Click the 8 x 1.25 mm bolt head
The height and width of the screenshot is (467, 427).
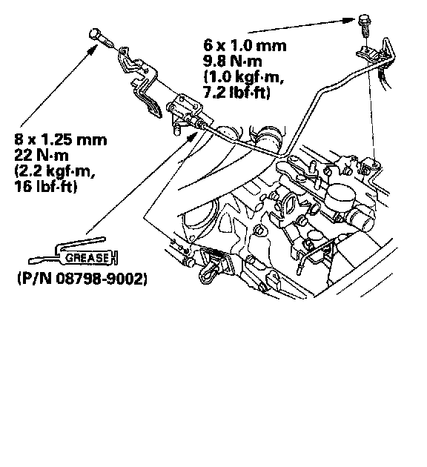[x=95, y=33]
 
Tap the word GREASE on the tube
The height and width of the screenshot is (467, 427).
[x=87, y=258]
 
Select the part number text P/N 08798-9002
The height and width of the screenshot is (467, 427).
[x=82, y=279]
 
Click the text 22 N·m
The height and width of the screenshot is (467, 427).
[x=42, y=155]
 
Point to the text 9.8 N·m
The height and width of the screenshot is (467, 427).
[x=233, y=61]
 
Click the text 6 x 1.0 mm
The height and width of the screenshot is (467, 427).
[x=245, y=45]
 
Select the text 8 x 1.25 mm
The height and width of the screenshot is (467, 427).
[x=61, y=139]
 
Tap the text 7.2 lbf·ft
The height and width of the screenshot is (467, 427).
[x=236, y=93]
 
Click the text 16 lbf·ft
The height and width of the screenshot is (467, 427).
[x=45, y=186]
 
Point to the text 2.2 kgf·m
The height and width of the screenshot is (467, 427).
[x=55, y=171]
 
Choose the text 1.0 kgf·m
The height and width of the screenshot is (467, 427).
[x=244, y=77]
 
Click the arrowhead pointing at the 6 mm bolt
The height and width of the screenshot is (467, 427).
[x=348, y=20]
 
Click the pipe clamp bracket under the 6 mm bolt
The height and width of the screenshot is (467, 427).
[x=368, y=54]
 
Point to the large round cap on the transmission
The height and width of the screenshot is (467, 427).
[x=340, y=193]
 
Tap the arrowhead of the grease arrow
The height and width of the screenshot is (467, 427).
[x=192, y=137]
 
